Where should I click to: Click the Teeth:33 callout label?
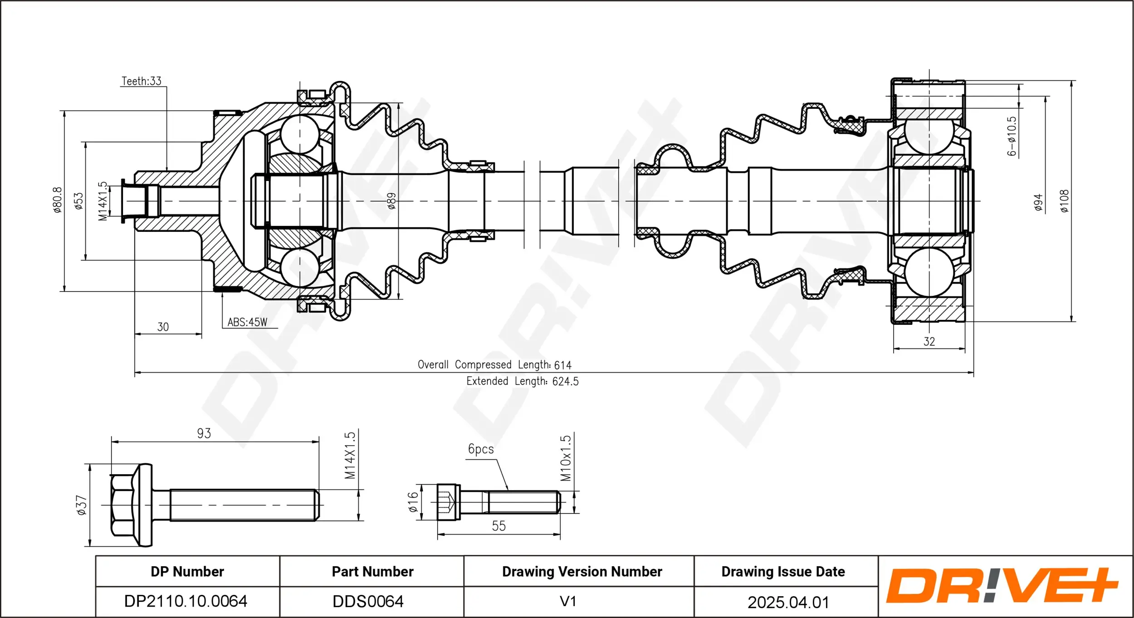coord(141,81)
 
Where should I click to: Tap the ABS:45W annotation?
coord(247,322)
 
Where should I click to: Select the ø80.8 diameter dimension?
coord(57,200)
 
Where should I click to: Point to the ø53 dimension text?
coord(79,201)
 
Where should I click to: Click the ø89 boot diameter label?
coord(391,201)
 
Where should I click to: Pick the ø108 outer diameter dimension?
coord(1064,201)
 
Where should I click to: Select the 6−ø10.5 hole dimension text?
coord(1012,136)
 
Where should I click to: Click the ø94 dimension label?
coord(1038,202)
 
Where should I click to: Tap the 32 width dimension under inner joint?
coord(929,342)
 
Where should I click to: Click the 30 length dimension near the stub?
coord(163,327)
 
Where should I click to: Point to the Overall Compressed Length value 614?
coord(562,365)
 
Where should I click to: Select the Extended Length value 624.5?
coord(565,382)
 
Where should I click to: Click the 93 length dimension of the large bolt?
coord(204,433)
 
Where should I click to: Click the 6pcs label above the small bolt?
coord(480,449)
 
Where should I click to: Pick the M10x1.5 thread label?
coord(565,458)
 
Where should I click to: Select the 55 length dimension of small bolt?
coord(499,526)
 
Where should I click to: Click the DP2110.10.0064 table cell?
coord(186,601)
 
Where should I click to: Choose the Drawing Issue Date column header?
coord(783,572)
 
